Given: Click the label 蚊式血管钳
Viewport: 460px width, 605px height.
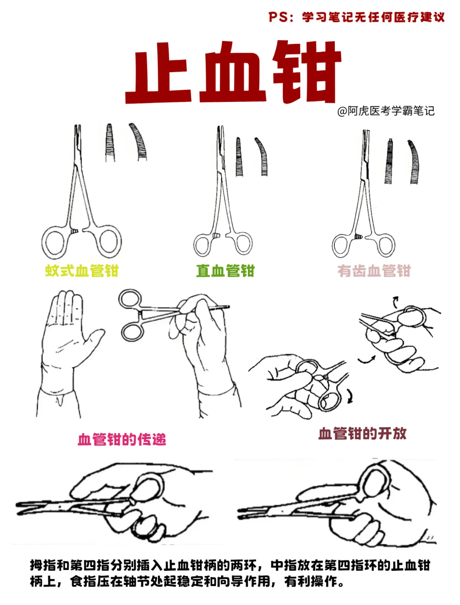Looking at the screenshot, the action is tap(82, 271).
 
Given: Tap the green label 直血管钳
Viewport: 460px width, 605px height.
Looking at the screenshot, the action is tap(225, 271).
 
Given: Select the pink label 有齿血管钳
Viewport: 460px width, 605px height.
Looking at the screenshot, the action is tap(374, 271).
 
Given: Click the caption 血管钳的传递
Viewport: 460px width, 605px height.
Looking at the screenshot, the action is tap(122, 439).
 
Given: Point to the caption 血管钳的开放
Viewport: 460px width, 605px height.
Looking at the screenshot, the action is tap(362, 433).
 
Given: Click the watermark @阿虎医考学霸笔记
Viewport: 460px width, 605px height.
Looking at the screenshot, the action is tap(386, 111).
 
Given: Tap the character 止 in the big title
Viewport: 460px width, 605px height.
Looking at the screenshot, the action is tap(158, 72).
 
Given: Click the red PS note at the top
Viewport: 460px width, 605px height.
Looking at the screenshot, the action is tap(356, 17).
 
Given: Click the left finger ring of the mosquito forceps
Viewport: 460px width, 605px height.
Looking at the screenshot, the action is tap(43, 243).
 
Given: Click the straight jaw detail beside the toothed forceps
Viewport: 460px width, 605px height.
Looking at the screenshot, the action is tap(389, 161).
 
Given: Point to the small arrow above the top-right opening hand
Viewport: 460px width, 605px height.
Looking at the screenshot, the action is tap(395, 302).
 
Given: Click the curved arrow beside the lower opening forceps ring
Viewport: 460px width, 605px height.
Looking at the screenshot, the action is tap(350, 397).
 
